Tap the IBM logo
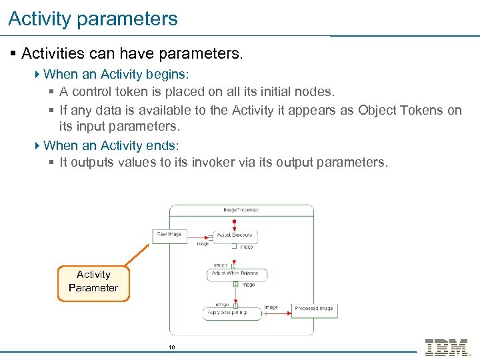pos(447,347)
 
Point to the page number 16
pos(171,347)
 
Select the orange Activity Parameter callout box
pos(93,281)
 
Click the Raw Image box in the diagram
pos(170,235)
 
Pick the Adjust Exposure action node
pos(234,236)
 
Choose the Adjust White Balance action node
pos(236,274)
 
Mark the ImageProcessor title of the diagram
pos(241,210)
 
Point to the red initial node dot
pos(234,221)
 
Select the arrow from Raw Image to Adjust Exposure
pos(200,236)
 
